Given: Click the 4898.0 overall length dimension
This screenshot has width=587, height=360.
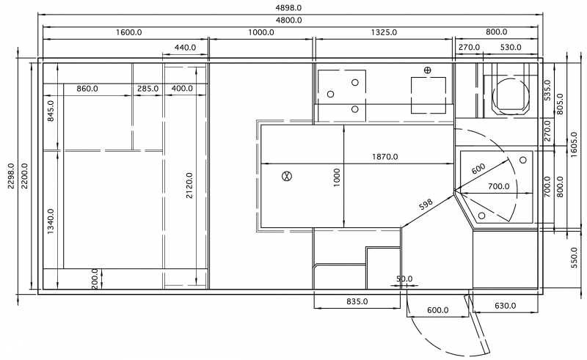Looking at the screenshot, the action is tap(288, 8).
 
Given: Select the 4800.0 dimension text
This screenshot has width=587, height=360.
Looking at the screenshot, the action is tap(288, 21).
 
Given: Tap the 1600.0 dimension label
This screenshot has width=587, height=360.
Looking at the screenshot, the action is tap(129, 32).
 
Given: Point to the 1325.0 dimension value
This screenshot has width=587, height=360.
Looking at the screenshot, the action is tap(384, 32).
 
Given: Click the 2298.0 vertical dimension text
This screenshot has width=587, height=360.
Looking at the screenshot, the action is tap(11, 176).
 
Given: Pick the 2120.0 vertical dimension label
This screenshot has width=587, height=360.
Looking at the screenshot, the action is tap(189, 185).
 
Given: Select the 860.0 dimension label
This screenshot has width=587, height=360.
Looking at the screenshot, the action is tap(87, 89).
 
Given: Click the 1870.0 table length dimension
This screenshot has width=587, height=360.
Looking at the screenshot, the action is tap(384, 157).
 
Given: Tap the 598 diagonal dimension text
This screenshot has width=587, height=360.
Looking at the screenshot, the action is tap(426, 205).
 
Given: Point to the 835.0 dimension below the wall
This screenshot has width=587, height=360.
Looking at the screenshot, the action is tap(357, 301).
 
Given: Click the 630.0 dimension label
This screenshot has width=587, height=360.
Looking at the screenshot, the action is tap(506, 306).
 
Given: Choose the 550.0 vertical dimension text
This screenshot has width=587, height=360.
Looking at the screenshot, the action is tap(575, 257).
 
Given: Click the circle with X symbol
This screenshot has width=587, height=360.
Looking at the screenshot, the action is tap(287, 176).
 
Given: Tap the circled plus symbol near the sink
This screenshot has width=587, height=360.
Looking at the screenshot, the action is tap(427, 70).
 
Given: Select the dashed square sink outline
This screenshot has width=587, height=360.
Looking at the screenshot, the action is tap(429, 95).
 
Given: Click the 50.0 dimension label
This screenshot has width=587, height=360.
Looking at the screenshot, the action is tap(404, 279).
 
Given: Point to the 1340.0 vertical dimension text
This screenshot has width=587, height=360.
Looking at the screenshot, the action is tap(51, 221).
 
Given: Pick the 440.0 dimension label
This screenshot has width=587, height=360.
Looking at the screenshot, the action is tap(186, 48).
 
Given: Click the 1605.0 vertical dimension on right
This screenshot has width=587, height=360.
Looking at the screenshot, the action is tap(575, 144).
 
